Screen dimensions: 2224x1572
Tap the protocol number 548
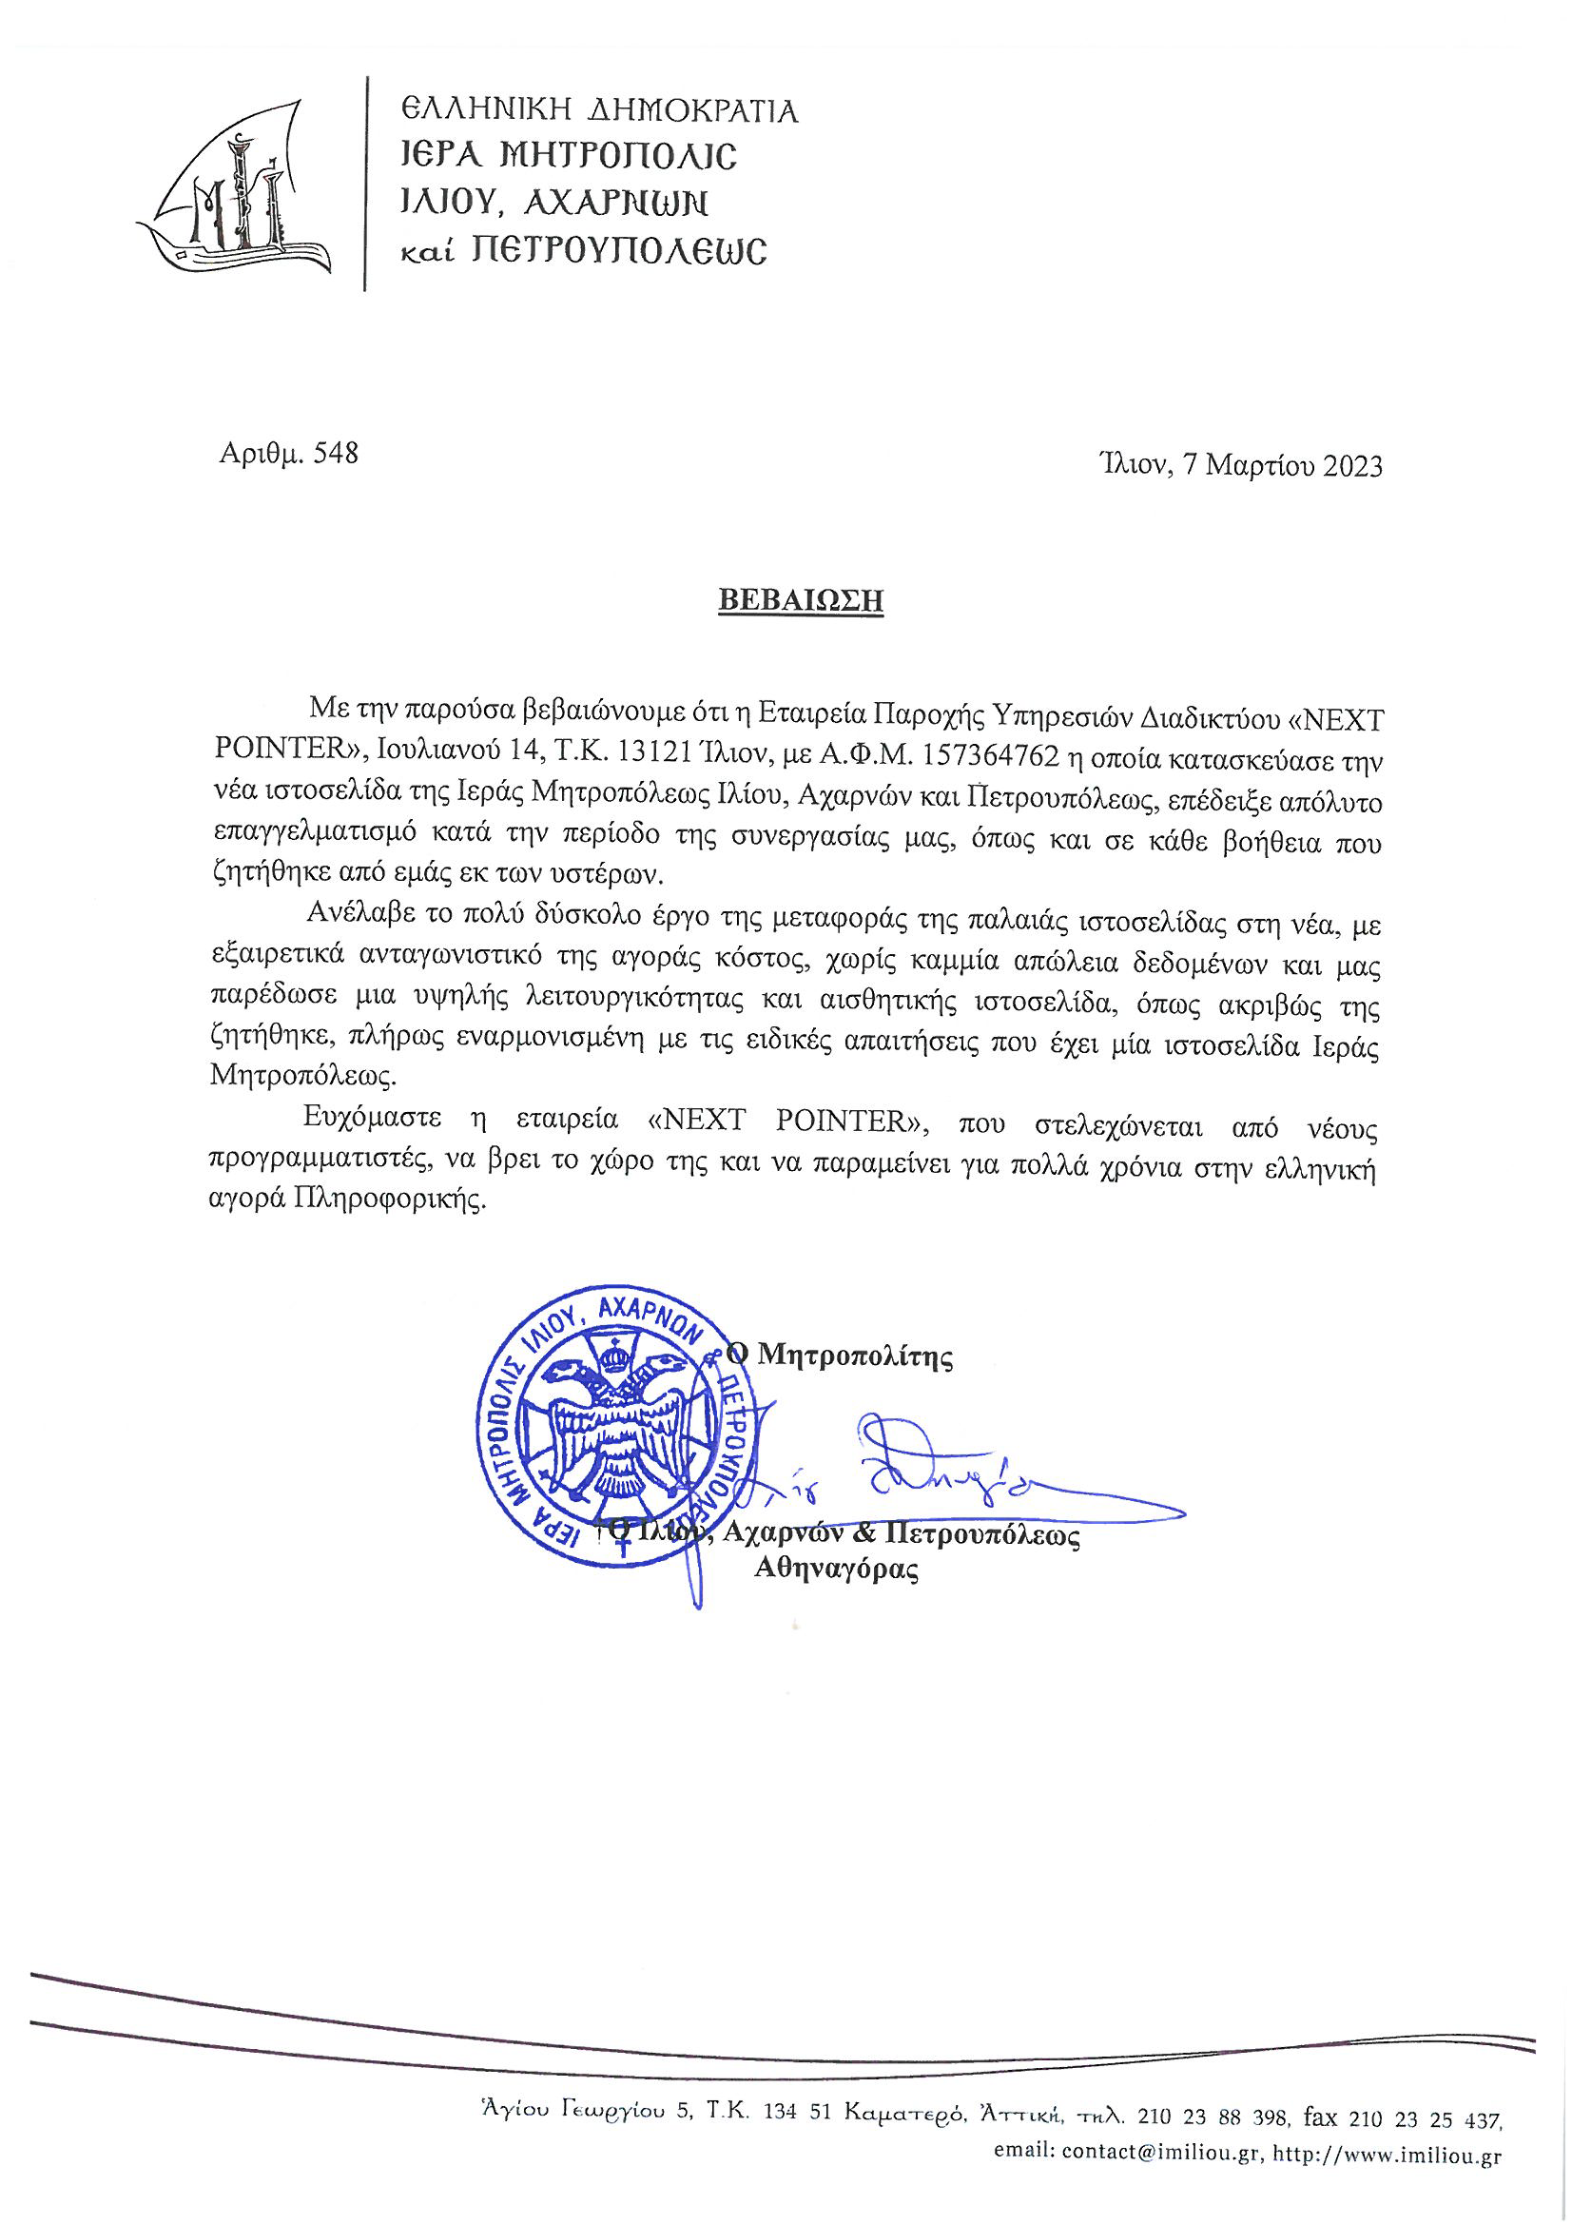pyautogui.click(x=335, y=454)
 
